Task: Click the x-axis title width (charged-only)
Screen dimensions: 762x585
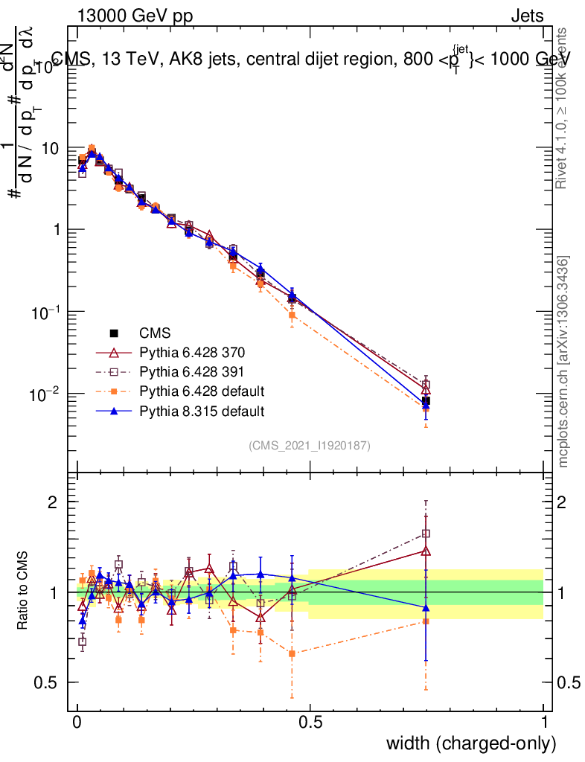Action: tap(471, 743)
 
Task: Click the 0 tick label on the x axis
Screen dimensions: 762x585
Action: tap(77, 722)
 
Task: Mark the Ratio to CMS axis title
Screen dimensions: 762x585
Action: tap(24, 592)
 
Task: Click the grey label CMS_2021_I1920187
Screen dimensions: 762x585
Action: tap(310, 445)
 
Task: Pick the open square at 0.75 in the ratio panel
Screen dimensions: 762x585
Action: tap(426, 534)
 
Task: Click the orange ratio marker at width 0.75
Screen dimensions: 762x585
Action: tap(426, 621)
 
